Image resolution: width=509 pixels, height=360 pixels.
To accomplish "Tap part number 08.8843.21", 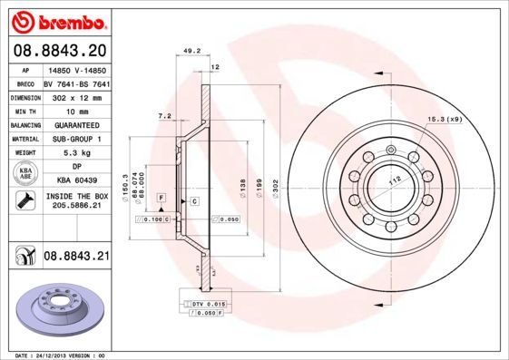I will (x=76, y=258).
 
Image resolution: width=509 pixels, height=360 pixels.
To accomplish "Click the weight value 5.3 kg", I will (x=76, y=153).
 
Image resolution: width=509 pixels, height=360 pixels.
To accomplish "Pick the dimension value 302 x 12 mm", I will (x=76, y=95).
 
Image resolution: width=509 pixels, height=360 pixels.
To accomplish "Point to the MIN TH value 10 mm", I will (x=76, y=110).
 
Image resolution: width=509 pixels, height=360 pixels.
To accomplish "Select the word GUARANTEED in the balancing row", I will (x=76, y=124).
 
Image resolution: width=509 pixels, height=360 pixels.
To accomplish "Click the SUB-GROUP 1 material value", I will (x=76, y=139).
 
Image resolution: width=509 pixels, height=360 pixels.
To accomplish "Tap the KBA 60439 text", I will (x=76, y=180).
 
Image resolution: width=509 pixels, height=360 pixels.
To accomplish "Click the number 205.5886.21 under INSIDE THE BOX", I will (x=76, y=206).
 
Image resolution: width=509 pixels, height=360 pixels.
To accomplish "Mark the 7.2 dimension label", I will (x=164, y=116).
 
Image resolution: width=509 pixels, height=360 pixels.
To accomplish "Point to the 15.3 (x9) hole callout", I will (x=444, y=120).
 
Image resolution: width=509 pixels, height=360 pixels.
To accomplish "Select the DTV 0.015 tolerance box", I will (x=208, y=302).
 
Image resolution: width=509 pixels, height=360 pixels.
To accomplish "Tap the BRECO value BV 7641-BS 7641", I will (x=76, y=82).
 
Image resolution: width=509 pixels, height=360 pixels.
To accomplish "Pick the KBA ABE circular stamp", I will (x=24, y=173).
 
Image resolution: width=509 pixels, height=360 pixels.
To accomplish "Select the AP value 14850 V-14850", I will (x=76, y=68).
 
